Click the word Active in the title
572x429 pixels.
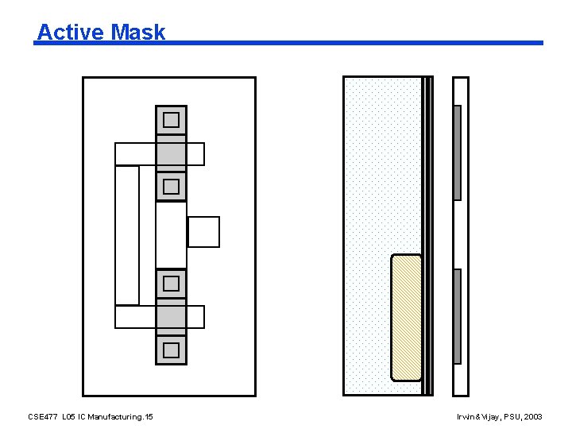point(70,32)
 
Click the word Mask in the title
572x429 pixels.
point(138,32)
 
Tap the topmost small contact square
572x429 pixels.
point(171,120)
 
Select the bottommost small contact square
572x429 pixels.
point(171,350)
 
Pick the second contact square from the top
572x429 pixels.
point(171,187)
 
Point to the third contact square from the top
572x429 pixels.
point(171,283)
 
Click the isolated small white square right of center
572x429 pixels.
point(203,232)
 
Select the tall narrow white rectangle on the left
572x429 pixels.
point(127,235)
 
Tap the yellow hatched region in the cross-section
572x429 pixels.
point(407,318)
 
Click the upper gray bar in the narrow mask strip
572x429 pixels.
point(457,153)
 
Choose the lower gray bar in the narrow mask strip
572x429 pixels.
point(457,316)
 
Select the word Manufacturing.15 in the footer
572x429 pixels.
point(121,416)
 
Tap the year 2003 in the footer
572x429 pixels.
point(533,416)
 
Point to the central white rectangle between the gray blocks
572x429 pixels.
point(171,235)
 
